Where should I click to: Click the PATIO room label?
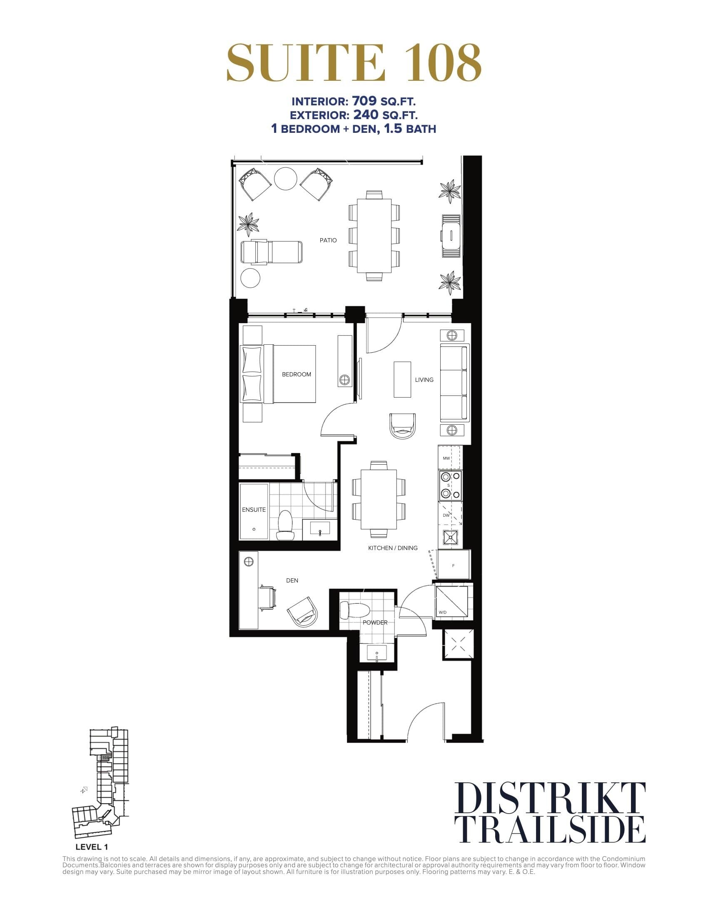pyautogui.click(x=328, y=240)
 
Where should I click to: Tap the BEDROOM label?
pyautogui.click(x=296, y=374)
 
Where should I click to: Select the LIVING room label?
pyautogui.click(x=424, y=380)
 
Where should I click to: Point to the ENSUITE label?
pyautogui.click(x=254, y=510)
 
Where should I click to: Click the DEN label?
pyautogui.click(x=292, y=580)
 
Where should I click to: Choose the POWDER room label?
pyautogui.click(x=375, y=622)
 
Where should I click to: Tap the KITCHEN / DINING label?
pyautogui.click(x=393, y=548)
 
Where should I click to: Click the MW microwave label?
pyautogui.click(x=446, y=458)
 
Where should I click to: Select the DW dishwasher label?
pyautogui.click(x=446, y=515)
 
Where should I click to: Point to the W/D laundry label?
pyautogui.click(x=442, y=612)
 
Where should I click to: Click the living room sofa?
pyautogui.click(x=454, y=383)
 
